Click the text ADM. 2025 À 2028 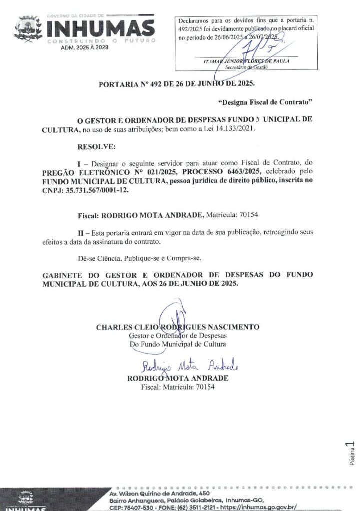(83, 48)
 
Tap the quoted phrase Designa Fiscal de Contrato (265, 102)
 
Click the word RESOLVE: (96, 147)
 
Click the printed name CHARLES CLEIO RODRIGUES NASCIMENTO (177, 327)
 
